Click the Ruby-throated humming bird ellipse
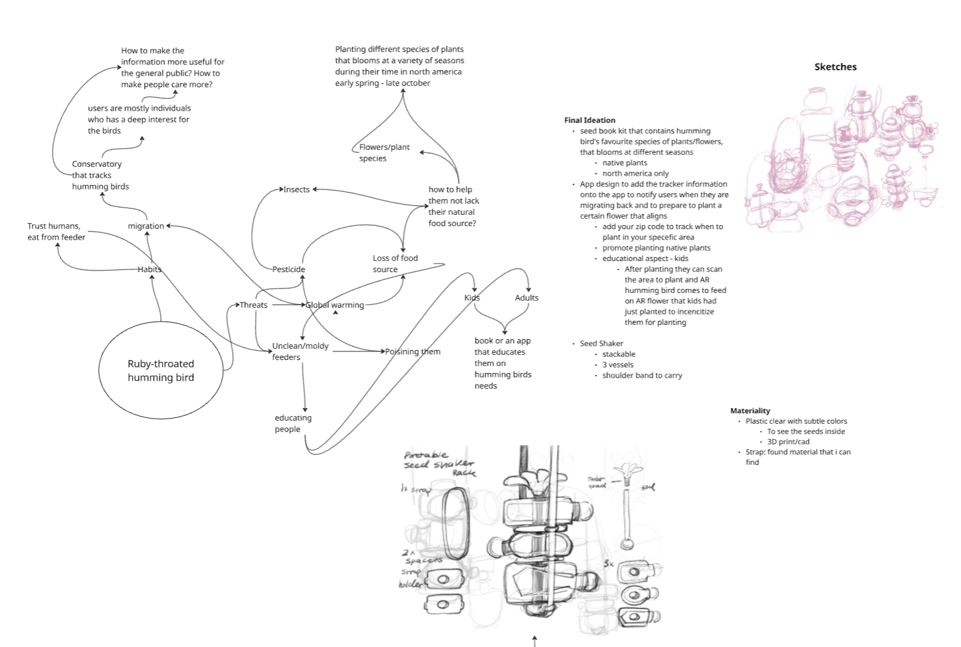point(161,370)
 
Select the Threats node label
point(253,305)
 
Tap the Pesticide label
point(288,269)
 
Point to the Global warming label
point(334,305)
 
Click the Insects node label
point(296,189)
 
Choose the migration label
point(146,226)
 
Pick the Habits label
point(149,269)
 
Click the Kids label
point(472,297)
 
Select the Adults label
point(526,297)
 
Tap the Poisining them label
point(413,351)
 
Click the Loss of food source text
point(395,264)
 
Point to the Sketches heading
point(835,66)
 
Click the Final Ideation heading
point(589,120)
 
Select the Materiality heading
point(750,411)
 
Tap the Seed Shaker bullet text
point(601,343)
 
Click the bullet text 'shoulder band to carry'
point(642,375)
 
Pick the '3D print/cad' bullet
point(788,441)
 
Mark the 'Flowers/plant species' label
point(384,152)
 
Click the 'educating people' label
point(293,423)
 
